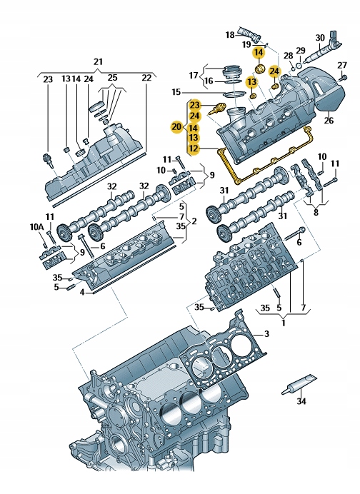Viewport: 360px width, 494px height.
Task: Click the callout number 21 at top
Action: [x=99, y=62]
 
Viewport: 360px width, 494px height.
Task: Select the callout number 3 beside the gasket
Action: [x=266, y=334]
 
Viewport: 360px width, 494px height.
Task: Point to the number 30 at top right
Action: [x=321, y=38]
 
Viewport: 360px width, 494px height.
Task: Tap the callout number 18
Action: [x=230, y=34]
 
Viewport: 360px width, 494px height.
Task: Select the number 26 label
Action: [x=329, y=120]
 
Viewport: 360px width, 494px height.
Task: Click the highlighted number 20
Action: [x=176, y=126]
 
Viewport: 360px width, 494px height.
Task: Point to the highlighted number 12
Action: [x=194, y=148]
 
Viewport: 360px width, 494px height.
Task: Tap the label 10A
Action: [x=37, y=226]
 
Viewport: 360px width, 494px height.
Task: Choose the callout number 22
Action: [x=146, y=78]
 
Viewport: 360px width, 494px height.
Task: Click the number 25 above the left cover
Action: [x=111, y=78]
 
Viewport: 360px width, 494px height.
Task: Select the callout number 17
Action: [x=193, y=75]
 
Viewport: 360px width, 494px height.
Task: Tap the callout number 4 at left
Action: [x=81, y=292]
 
